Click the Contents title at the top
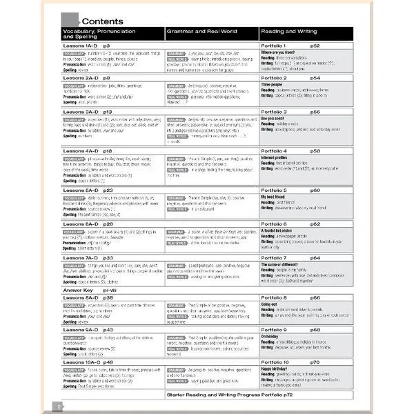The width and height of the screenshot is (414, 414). [103, 21]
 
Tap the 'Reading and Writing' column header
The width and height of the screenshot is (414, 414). [288, 31]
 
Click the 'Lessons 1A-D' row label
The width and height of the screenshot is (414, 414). [79, 46]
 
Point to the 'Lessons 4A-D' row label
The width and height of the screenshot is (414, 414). [79, 150]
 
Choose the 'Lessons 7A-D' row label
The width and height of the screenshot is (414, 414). [79, 257]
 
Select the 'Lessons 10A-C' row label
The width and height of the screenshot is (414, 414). [81, 362]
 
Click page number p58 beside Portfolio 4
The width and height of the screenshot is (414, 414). [315, 150]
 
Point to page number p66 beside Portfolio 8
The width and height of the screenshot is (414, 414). [315, 297]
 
